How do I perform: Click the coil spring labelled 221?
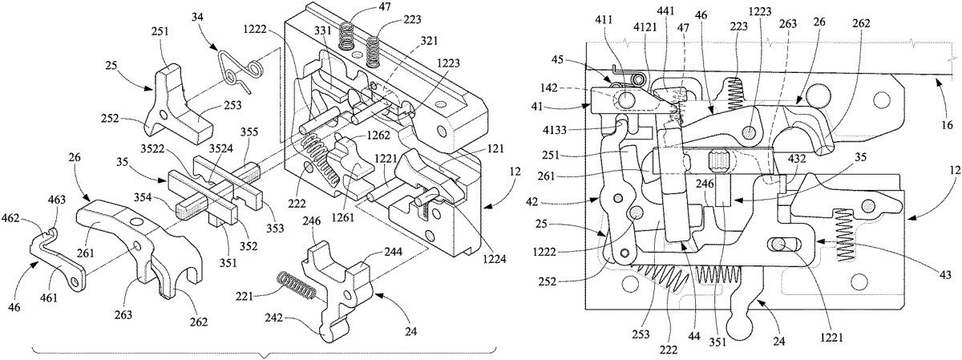click(297, 284)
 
